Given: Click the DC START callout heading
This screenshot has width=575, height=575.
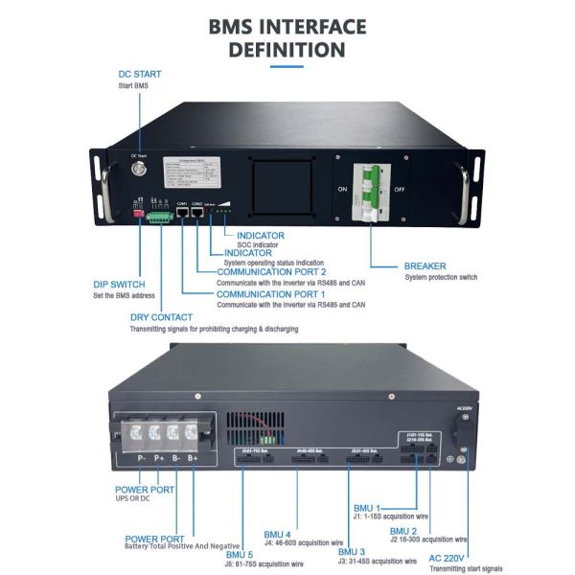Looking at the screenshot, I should (139, 74).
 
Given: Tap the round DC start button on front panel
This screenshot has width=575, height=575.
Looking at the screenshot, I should (138, 170).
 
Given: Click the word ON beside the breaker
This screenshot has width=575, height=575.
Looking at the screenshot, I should (342, 189).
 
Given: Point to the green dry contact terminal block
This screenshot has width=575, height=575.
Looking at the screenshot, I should (160, 218).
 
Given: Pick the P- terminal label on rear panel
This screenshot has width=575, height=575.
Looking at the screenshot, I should (141, 459).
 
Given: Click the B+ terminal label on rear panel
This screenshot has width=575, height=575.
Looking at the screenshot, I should (193, 459).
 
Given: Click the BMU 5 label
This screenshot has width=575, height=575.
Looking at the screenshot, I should (240, 554).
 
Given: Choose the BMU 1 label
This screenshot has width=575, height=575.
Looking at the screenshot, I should (366, 508).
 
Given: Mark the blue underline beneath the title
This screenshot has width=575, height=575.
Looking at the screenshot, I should (287, 66).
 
